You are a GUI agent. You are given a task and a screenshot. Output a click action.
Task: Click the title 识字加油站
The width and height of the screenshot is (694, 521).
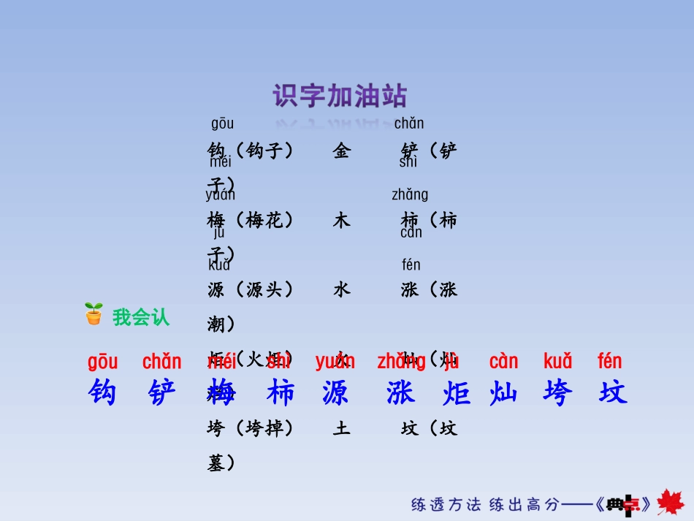click(340, 96)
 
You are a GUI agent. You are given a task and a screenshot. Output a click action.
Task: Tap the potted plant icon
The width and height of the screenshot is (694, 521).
click(94, 313)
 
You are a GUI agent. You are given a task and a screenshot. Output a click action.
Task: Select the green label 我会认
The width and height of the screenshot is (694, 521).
click(141, 317)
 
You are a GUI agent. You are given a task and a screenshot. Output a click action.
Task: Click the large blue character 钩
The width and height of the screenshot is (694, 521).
click(102, 392)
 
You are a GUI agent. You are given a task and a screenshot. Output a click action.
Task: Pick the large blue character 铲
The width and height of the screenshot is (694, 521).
click(162, 392)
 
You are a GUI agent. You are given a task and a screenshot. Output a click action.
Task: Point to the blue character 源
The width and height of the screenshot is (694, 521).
click(335, 392)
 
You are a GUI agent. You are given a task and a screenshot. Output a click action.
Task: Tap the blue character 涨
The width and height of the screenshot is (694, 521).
click(400, 392)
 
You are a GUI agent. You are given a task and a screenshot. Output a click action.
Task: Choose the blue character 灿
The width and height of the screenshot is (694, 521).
click(503, 392)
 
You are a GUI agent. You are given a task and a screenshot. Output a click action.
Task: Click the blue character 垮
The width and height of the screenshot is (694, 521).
click(557, 392)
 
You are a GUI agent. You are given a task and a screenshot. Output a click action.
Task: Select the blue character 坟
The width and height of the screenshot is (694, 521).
click(612, 392)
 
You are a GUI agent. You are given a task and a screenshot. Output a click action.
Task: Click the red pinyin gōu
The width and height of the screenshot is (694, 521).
click(102, 361)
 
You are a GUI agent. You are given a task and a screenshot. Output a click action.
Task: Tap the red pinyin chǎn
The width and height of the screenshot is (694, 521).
click(162, 361)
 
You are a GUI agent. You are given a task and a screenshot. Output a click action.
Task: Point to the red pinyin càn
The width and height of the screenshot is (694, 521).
click(503, 361)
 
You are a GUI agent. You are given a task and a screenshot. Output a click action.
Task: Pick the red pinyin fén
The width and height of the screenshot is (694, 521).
click(610, 361)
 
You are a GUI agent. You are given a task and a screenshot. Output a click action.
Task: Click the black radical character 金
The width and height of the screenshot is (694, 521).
click(341, 151)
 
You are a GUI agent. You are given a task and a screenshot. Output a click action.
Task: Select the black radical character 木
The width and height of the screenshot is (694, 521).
click(341, 220)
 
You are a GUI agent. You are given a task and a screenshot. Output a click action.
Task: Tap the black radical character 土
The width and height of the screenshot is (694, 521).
click(341, 428)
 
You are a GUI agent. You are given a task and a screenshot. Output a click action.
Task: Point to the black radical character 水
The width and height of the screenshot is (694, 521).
click(341, 289)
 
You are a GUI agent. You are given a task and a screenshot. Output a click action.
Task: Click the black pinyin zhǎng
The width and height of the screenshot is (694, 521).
click(410, 194)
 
